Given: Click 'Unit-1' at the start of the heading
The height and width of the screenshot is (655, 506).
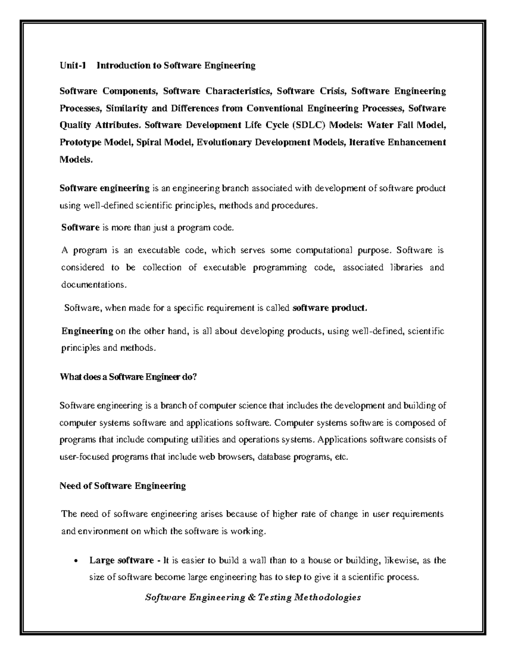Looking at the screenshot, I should tap(73, 65).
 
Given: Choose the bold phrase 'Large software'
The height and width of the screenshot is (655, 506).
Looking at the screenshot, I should tap(121, 561).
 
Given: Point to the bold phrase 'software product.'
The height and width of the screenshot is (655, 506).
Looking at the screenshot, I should tap(330, 308).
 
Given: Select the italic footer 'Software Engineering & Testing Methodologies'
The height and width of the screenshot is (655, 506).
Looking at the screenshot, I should tap(253, 597).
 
